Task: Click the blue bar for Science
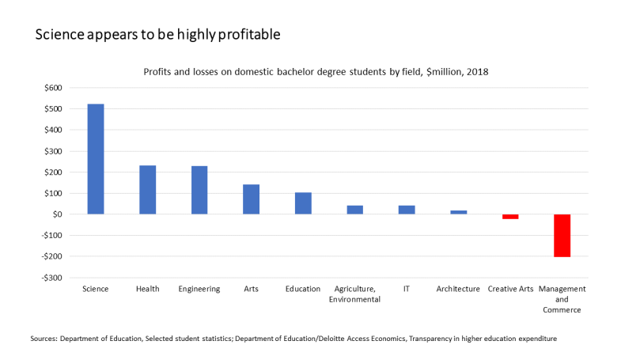95,159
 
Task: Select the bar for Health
147,190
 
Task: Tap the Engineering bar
199,190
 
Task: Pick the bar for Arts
251,199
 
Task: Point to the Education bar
303,203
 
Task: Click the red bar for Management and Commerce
562,235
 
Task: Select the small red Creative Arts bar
510,217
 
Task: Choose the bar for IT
407,210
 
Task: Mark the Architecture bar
458,212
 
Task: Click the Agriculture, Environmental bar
354,210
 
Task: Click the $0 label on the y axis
57,214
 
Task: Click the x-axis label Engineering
199,289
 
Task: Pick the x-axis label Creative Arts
509,289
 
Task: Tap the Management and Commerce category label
562,299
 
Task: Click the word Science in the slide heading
60,36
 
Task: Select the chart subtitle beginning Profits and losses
316,72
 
